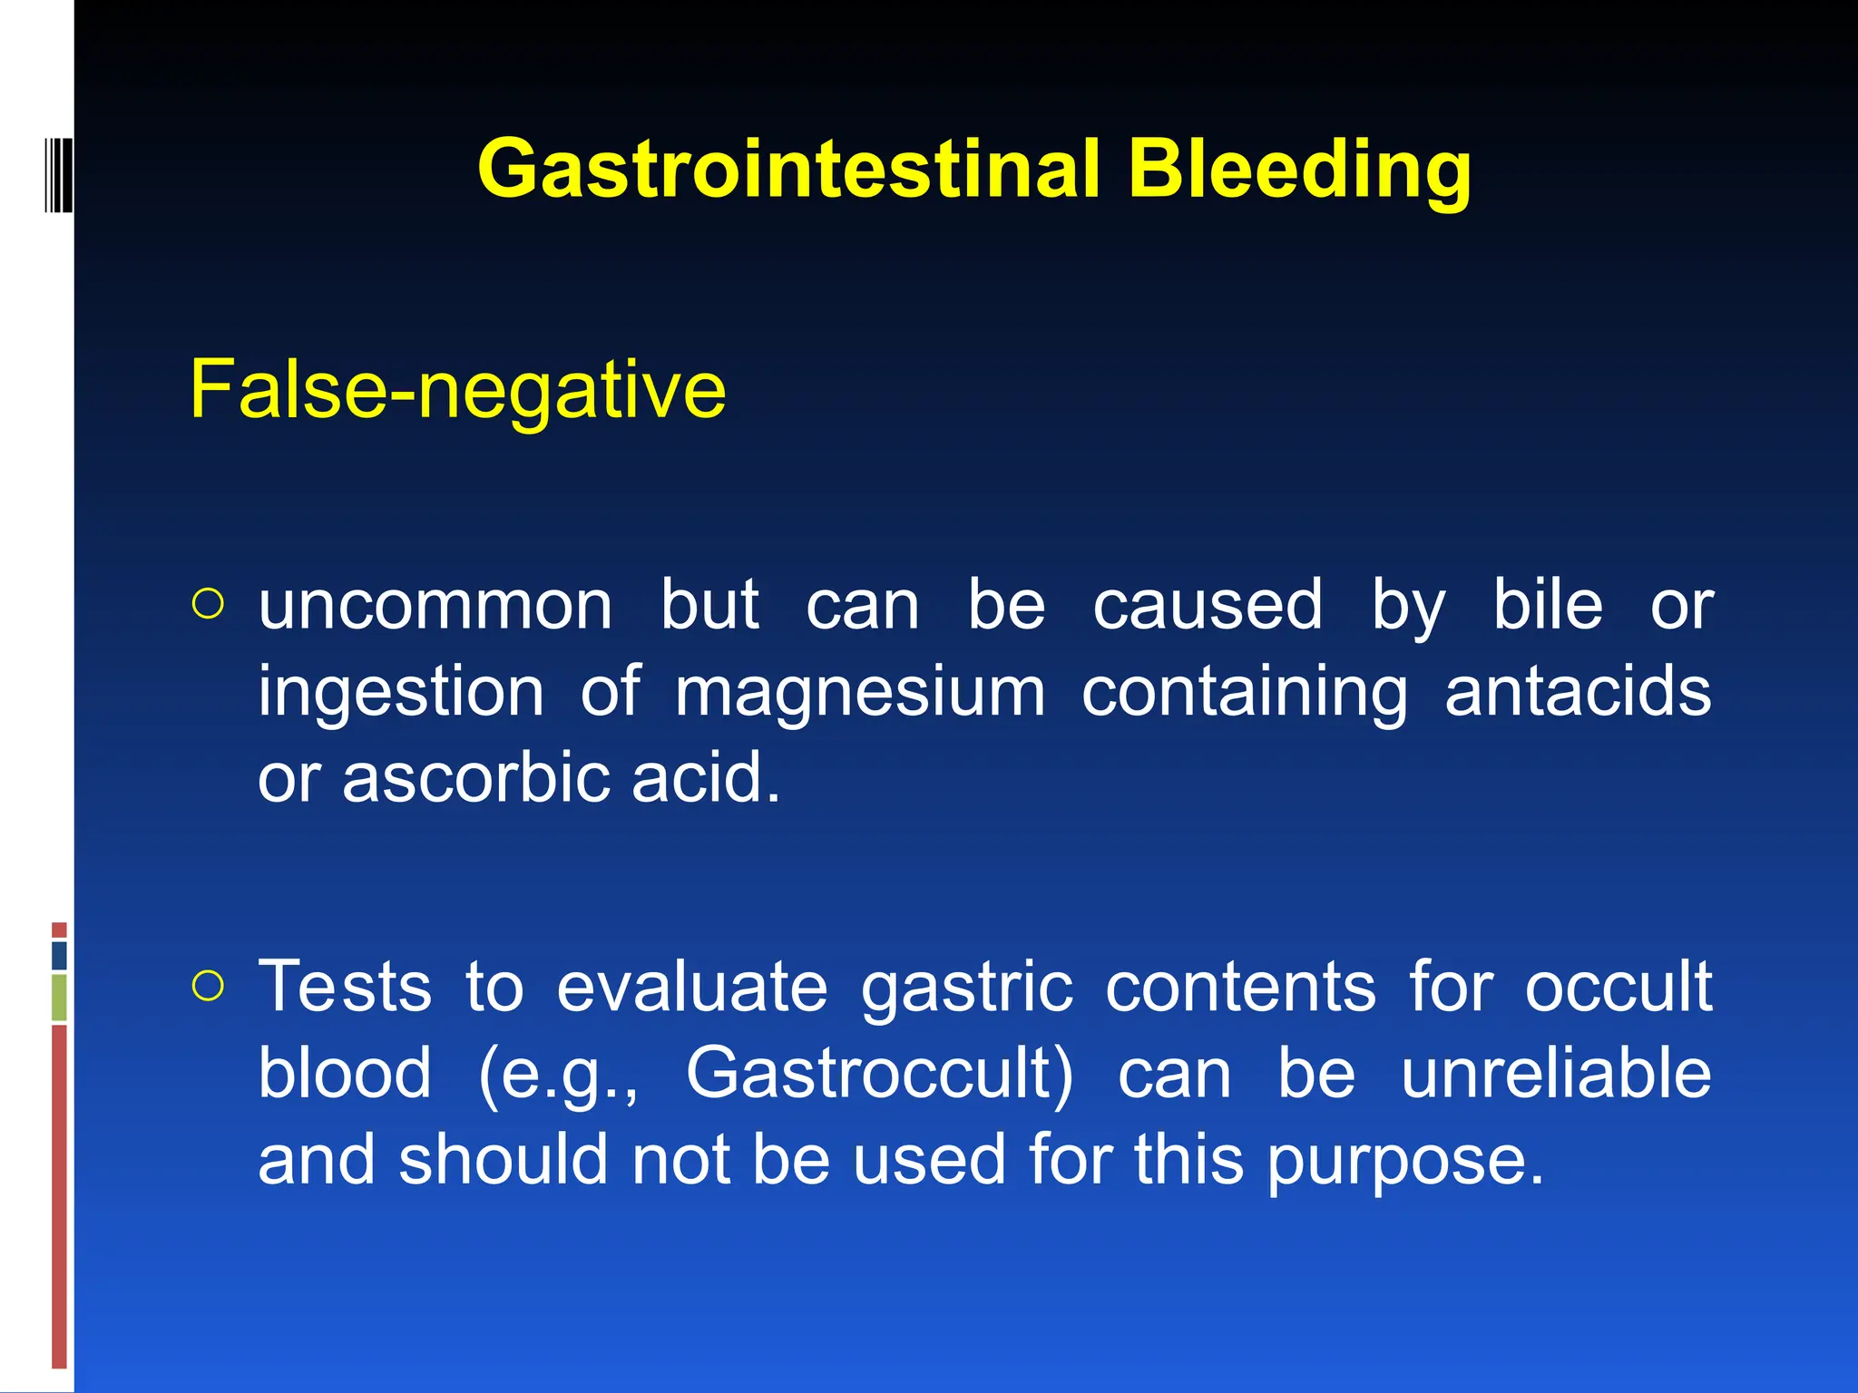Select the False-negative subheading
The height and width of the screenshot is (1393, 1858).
457,390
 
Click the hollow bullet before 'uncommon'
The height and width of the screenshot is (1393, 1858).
208,604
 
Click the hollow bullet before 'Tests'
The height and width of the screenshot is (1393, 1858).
208,986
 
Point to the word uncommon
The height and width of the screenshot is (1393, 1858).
435,606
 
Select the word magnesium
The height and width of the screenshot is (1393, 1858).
860,692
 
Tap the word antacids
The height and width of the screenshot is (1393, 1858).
1578,692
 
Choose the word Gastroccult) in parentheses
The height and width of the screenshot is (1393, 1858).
879,1074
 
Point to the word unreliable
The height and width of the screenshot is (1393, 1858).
1556,1074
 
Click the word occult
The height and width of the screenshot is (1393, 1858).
1618,987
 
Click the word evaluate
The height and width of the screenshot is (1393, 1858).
691,987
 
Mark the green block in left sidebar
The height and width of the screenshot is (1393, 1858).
59,997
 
